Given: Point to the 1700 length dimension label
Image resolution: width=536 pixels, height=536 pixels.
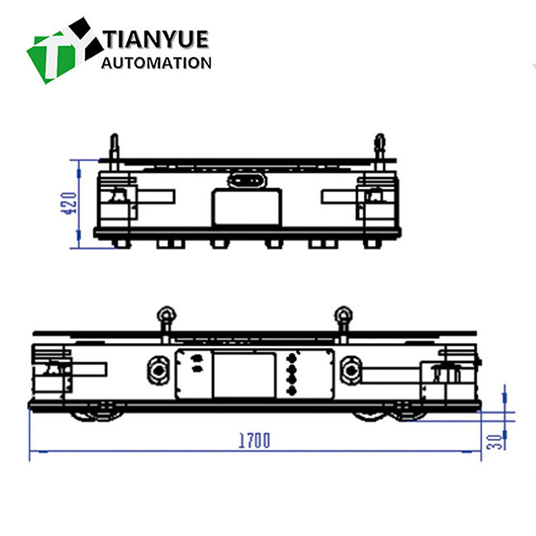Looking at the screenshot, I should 255,440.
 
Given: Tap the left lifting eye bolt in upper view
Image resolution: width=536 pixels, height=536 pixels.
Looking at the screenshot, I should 114,146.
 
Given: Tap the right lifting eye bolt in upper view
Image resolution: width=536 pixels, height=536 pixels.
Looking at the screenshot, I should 379,146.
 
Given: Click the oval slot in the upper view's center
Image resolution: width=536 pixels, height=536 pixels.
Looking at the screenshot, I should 245,180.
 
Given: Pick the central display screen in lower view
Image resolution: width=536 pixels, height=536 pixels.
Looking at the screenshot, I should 245,373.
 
